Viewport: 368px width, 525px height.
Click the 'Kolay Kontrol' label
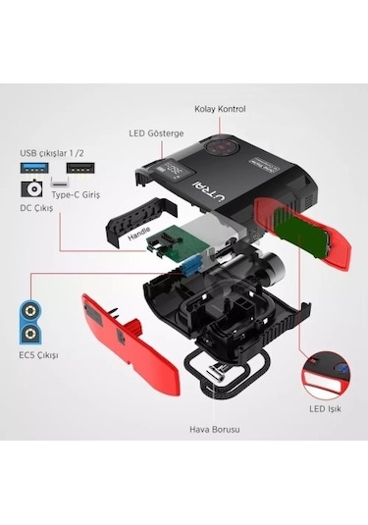pos(220,108)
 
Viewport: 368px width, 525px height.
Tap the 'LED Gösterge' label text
pos(157,133)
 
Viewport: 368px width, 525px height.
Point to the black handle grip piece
pos(133,216)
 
